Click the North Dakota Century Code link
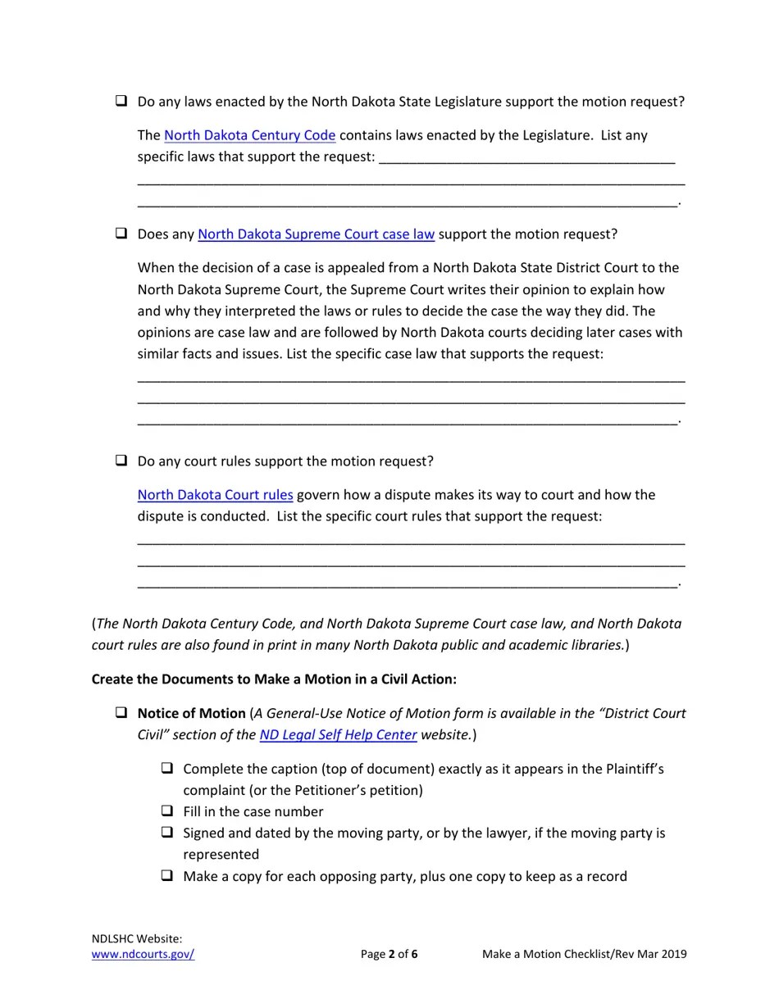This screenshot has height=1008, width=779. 249,135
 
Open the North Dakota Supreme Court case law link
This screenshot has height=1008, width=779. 316,234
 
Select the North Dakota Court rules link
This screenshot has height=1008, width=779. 215,495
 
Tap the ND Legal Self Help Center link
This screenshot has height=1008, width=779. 338,735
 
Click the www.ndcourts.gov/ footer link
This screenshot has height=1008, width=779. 143,954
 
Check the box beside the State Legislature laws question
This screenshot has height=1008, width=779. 121,101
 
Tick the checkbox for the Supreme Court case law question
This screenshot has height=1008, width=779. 121,234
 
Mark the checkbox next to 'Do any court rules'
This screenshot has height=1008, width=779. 121,461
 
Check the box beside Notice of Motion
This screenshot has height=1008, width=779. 121,713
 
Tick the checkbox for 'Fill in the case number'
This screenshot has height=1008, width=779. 167,811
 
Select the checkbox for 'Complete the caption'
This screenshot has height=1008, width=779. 167,769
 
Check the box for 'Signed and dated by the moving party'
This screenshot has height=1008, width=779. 167,833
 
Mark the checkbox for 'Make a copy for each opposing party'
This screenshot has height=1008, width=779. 167,875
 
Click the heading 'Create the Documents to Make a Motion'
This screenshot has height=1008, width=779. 274,679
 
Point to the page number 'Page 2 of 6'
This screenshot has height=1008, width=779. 389,954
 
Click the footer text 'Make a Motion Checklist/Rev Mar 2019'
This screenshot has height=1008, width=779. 584,954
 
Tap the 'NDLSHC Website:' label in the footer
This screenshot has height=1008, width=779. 137,939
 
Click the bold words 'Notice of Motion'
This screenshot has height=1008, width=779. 191,714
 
